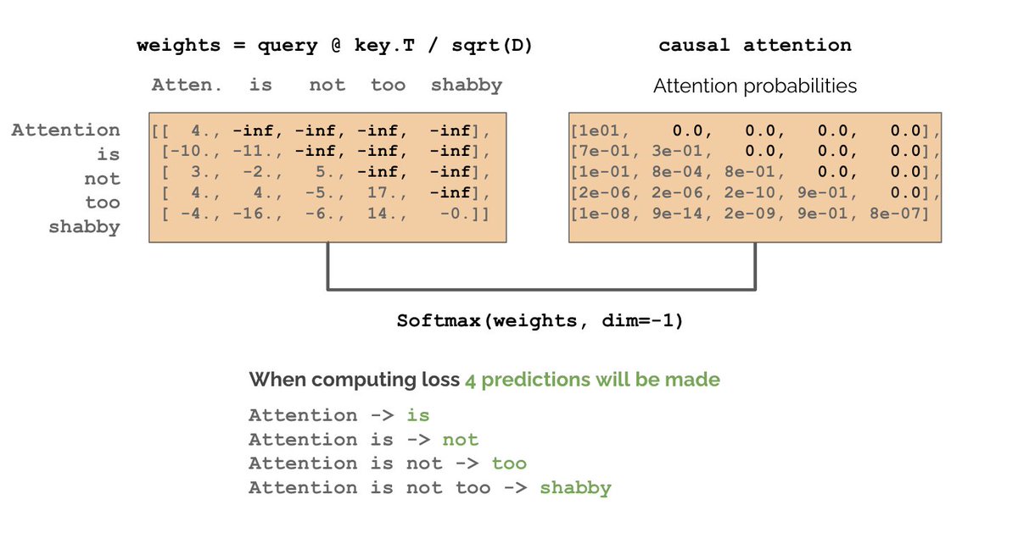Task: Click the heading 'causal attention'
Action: (754, 46)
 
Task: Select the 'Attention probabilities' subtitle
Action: (754, 86)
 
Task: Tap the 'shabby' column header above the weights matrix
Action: (466, 85)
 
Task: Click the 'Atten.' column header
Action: (187, 85)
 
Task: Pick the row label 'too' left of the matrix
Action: (102, 203)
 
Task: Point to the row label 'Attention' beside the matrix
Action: (65, 130)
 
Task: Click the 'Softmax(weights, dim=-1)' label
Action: (540, 322)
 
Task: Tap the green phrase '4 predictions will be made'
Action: (591, 380)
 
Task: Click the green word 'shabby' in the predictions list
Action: (575, 488)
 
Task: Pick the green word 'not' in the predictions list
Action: (461, 440)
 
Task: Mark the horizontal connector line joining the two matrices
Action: (540, 290)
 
